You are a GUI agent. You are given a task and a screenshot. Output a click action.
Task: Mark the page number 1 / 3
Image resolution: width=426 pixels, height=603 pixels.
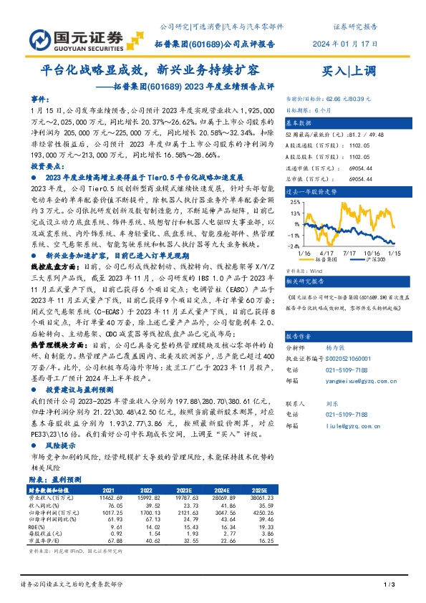390,585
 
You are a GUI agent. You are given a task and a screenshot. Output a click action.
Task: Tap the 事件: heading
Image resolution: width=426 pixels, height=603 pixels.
41,97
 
